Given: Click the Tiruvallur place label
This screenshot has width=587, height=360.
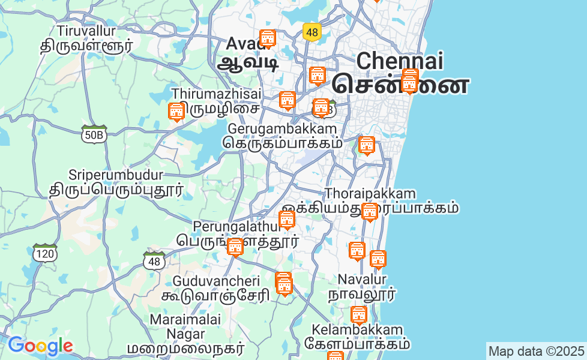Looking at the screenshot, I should [x=86, y=30].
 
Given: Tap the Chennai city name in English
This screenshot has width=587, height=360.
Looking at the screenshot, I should [x=399, y=61].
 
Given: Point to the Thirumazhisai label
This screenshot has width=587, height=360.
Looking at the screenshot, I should [x=216, y=94].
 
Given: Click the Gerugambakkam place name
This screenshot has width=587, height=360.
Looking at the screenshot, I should [x=282, y=129].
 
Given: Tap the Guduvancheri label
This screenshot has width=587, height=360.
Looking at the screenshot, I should [x=216, y=281].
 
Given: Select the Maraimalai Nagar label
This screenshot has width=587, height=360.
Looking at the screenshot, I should [x=185, y=326].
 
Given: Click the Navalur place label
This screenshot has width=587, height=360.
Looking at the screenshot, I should [x=362, y=279].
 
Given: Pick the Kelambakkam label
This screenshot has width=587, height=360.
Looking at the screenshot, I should [x=357, y=330].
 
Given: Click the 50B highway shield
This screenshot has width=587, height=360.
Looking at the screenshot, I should [x=94, y=134].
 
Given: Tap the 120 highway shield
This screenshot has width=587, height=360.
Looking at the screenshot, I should [x=46, y=253].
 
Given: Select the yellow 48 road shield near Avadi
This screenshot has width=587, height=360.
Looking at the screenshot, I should [x=311, y=32].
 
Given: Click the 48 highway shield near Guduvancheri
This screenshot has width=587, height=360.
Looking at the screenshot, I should [x=155, y=261].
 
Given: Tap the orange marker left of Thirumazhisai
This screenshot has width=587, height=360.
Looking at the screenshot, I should [x=176, y=112].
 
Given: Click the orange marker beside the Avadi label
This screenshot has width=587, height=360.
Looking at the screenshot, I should [x=267, y=39].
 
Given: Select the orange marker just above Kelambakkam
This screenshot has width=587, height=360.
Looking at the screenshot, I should [x=358, y=314].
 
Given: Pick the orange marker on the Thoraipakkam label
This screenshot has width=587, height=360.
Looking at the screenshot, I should [x=369, y=211].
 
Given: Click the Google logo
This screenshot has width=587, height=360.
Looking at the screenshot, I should [x=40, y=346].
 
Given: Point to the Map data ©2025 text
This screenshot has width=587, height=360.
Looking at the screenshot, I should [x=536, y=351].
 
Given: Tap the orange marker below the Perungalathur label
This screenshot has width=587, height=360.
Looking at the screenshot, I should [x=235, y=247].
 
